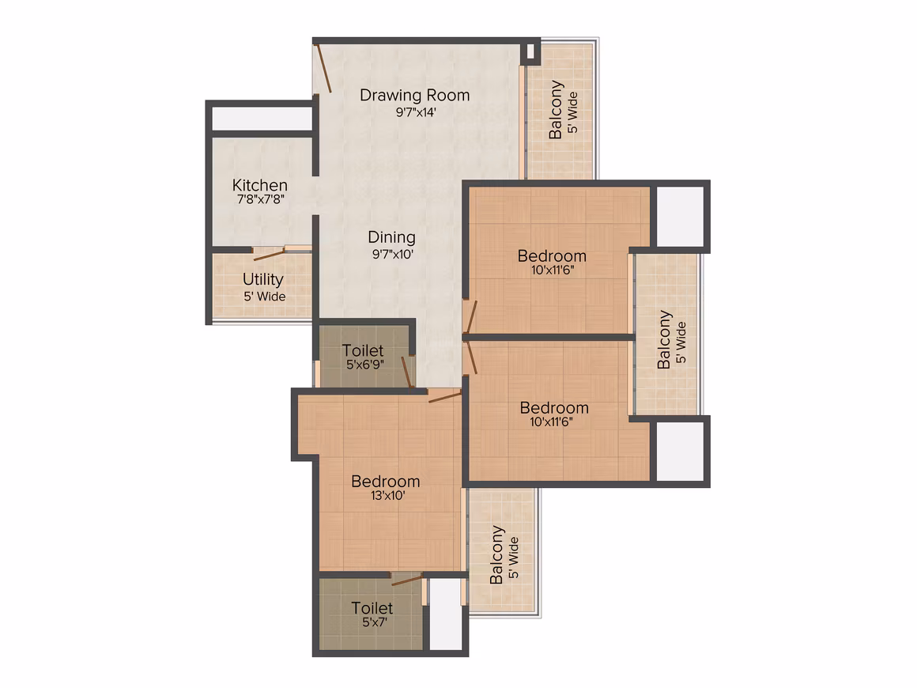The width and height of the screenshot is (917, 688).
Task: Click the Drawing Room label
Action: pos(415,96)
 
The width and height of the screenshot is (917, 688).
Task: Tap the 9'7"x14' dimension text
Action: pos(416,112)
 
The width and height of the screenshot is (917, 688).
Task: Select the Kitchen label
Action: pos(259,185)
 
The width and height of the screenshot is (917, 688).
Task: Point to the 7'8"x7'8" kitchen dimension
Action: pos(261,199)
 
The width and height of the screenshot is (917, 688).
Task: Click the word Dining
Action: pos(392,237)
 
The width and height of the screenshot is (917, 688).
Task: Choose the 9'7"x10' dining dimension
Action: pos(393,255)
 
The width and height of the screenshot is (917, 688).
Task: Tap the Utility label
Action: pos(263,280)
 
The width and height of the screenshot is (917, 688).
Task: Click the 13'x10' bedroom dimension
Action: pos(387,496)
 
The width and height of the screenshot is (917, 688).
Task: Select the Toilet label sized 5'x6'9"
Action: pos(363,350)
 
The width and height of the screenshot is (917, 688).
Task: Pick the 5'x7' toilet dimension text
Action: pos(374,622)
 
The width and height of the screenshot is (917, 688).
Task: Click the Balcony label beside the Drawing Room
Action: pos(556,110)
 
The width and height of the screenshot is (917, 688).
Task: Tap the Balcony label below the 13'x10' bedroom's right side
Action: pos(496,554)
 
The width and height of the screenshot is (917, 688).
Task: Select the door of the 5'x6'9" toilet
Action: pos(408,372)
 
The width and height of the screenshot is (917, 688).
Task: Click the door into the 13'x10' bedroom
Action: pos(444,397)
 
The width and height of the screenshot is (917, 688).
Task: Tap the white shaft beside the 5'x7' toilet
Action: pos(446,614)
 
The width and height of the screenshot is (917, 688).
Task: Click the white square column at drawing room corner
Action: pos(531,51)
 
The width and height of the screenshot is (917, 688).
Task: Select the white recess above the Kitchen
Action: pos(262,119)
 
